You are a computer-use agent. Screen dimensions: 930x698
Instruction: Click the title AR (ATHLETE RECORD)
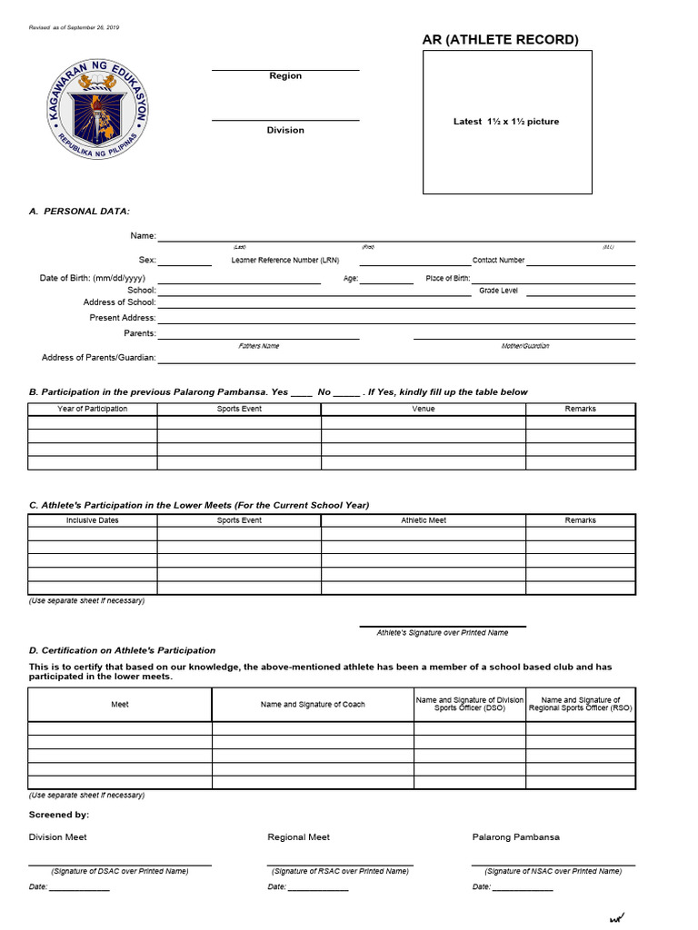(500, 39)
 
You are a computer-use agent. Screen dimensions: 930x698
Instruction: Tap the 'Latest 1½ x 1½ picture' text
(506, 122)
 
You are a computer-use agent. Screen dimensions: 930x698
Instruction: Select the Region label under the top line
(285, 76)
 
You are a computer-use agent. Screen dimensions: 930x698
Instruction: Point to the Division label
(285, 131)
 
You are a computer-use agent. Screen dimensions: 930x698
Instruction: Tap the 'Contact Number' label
(498, 261)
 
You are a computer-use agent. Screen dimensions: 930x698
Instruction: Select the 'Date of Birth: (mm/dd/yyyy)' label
(93, 278)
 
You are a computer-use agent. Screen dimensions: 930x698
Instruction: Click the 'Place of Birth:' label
(448, 279)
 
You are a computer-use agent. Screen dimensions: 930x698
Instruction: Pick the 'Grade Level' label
(498, 291)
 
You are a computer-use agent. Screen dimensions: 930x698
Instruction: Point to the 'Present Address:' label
(123, 318)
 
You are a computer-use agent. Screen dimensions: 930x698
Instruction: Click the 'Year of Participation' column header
(93, 409)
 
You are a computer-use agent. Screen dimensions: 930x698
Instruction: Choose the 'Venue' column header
(424, 409)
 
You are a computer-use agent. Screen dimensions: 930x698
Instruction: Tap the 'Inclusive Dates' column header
(93, 520)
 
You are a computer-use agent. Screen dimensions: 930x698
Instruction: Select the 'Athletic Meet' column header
(424, 520)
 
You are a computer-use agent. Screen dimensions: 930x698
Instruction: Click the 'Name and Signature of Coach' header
(313, 705)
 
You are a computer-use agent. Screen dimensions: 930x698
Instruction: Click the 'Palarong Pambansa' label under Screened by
(516, 837)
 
